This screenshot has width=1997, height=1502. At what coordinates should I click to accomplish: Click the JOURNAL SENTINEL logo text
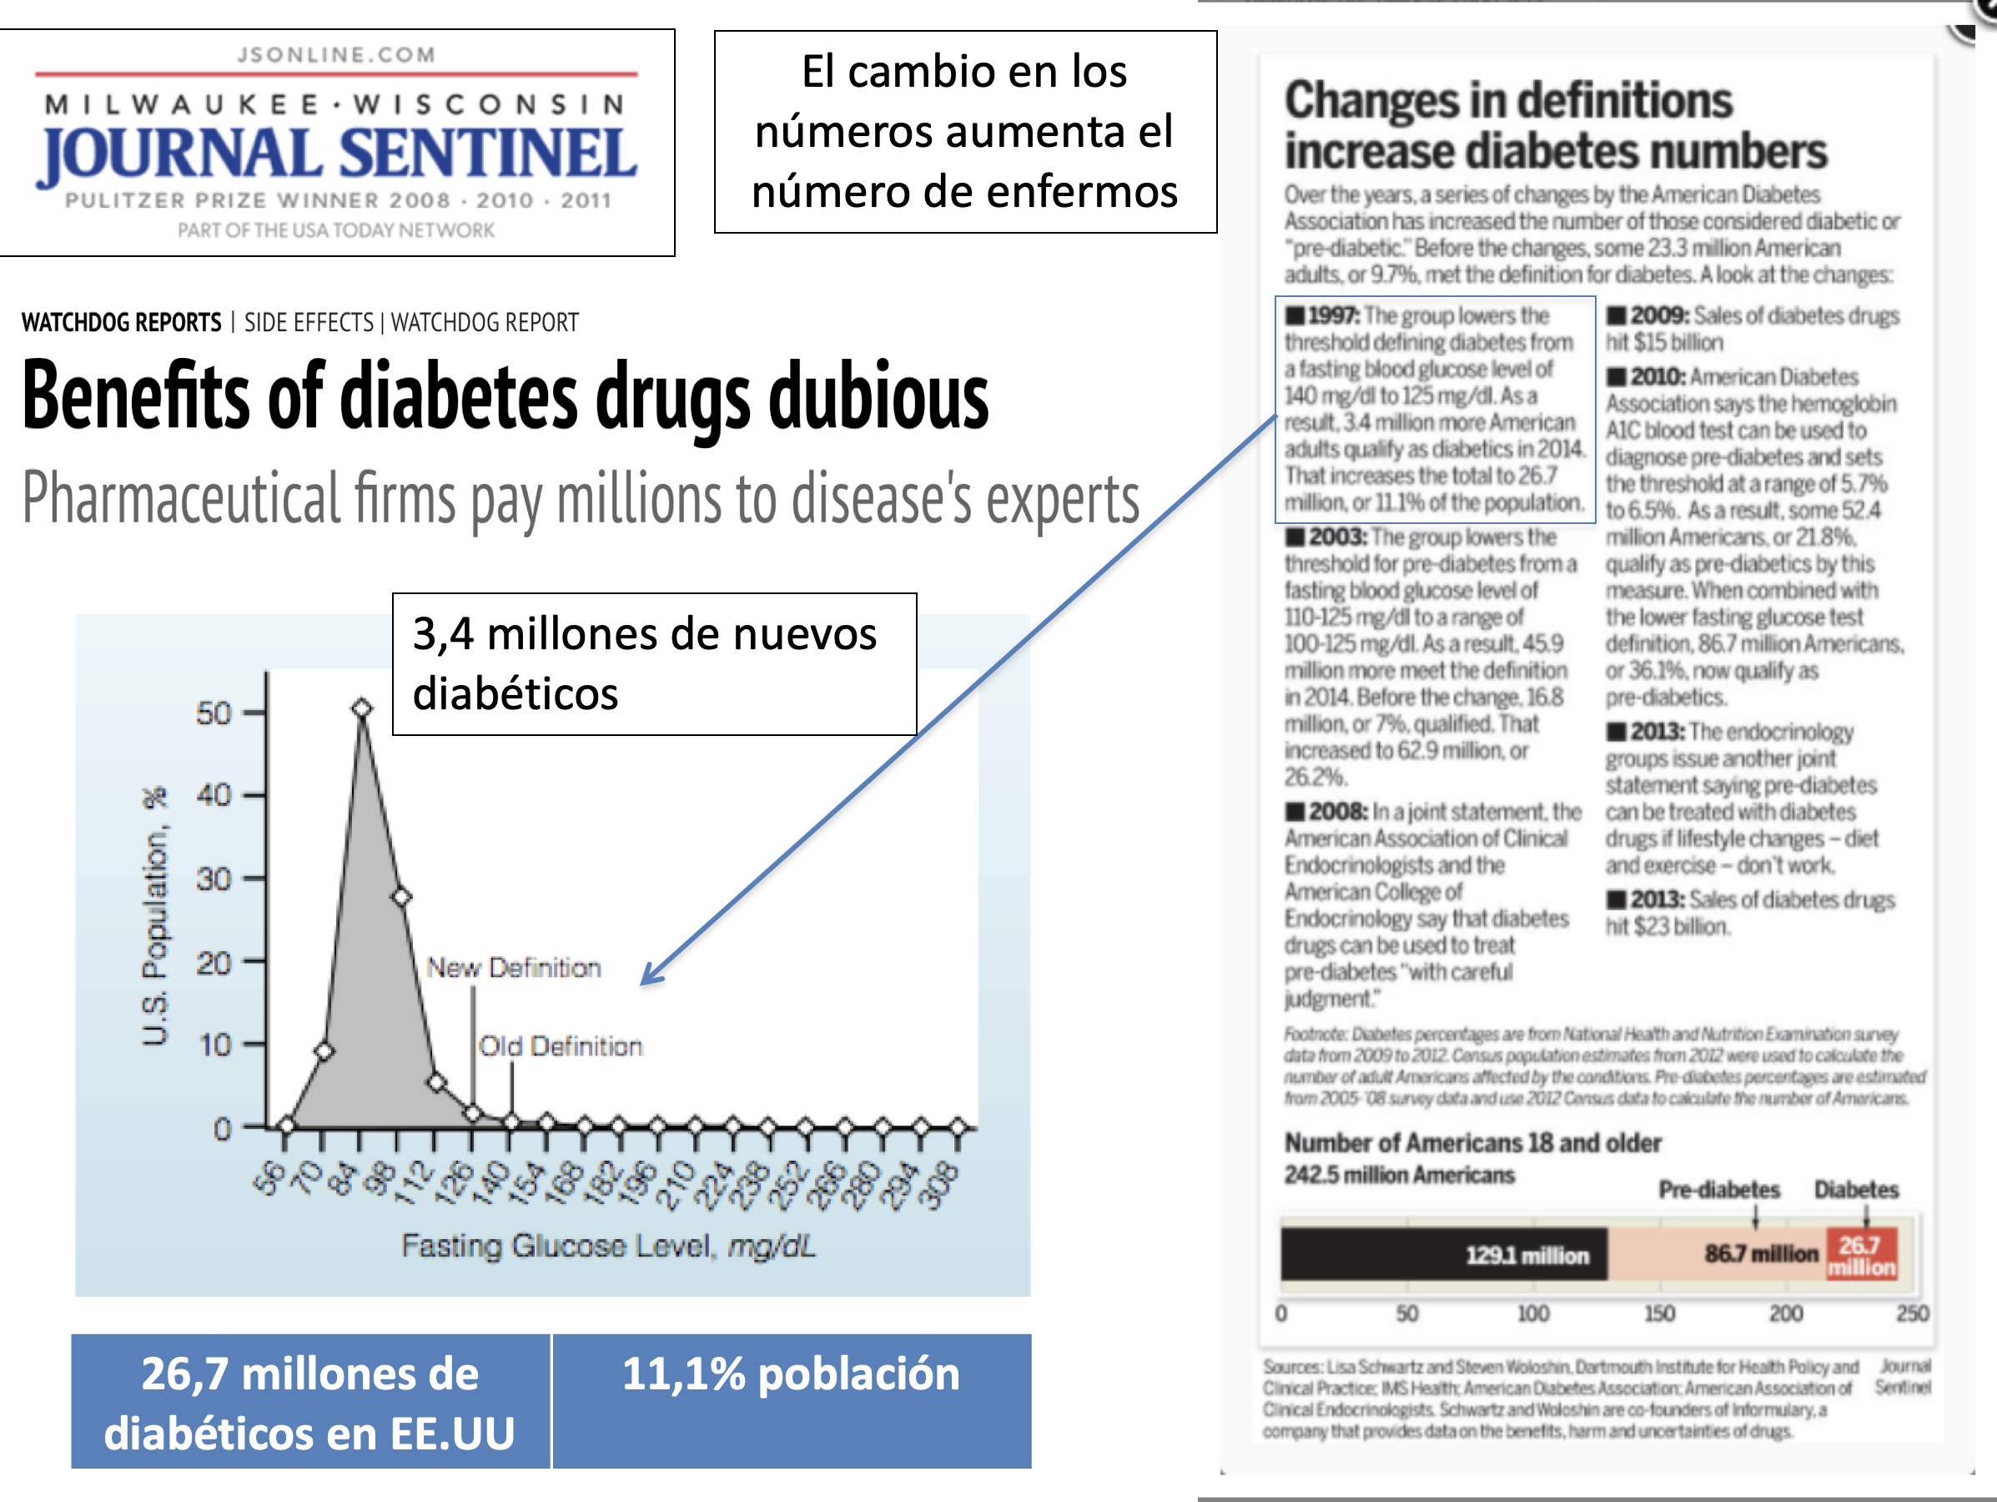[337, 154]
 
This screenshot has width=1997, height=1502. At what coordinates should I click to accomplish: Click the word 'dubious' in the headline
[878, 397]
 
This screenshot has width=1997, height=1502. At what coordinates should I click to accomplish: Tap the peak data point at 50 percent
[362, 708]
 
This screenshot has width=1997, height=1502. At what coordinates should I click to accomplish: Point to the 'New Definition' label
[513, 967]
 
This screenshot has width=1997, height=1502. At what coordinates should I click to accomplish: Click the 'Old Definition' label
[560, 1046]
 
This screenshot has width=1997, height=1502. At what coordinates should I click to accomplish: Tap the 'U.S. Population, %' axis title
[155, 917]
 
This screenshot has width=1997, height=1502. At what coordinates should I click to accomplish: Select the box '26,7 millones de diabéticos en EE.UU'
[309, 1402]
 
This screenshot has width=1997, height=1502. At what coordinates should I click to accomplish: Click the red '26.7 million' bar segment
[1861, 1254]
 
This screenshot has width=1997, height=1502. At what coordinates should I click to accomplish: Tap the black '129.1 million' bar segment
[1445, 1254]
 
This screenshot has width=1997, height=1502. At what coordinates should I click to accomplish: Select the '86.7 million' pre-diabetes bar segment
[1715, 1254]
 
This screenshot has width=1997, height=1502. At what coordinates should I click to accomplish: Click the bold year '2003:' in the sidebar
[1336, 537]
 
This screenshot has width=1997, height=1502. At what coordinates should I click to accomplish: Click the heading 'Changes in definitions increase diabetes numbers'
[1555, 125]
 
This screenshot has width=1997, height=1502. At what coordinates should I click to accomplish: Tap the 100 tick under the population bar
[1532, 1313]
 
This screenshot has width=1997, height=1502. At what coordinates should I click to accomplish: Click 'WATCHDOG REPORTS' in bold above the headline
[121, 322]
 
